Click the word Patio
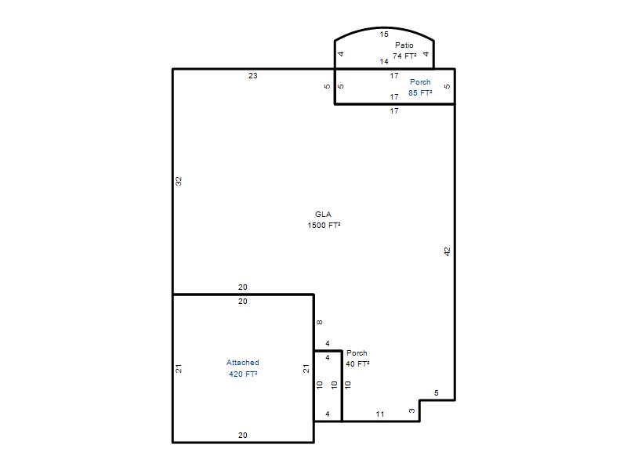(404, 45)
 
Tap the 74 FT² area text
(404, 56)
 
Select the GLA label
(323, 214)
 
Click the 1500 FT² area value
(324, 226)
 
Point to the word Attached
(243, 363)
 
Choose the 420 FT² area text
(243, 374)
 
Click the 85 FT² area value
(420, 92)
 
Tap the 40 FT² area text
(357, 363)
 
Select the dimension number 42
(447, 251)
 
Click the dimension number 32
(179, 181)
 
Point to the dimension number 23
(252, 75)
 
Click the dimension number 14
(384, 62)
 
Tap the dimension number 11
(380, 414)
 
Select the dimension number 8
(320, 322)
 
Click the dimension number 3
(412, 410)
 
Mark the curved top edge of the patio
(384, 28)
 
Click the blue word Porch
(420, 82)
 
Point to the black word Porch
(357, 353)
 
